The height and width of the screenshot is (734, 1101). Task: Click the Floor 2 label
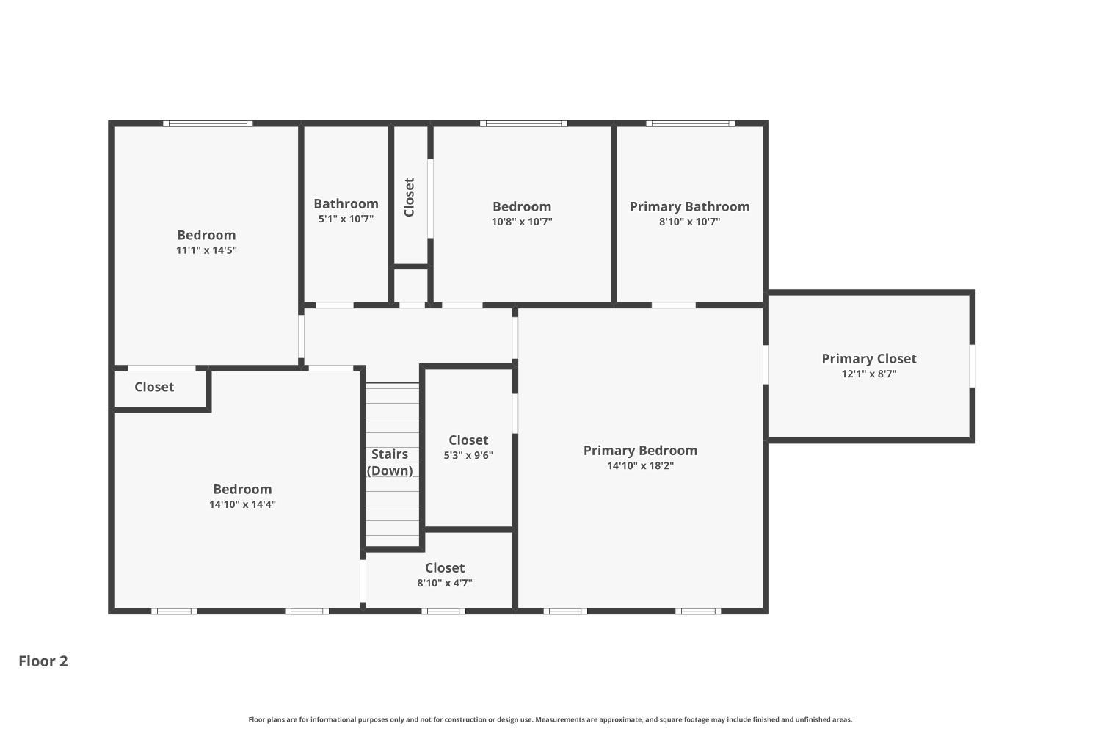click(x=43, y=661)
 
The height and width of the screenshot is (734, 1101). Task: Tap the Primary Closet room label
click(x=868, y=358)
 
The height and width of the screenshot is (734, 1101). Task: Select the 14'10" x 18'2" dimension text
click(x=640, y=465)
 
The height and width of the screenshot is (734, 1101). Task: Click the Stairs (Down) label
click(x=389, y=462)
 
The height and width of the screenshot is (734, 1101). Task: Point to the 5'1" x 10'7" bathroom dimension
click(x=346, y=219)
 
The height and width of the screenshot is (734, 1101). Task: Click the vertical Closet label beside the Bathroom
click(x=410, y=197)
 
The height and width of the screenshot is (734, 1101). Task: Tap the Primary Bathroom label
click(x=689, y=206)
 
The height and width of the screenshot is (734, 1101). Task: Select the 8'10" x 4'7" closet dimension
click(x=444, y=583)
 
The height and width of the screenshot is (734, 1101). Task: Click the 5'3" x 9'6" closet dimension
click(x=468, y=455)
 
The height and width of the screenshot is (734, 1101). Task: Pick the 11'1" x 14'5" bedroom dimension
click(x=206, y=250)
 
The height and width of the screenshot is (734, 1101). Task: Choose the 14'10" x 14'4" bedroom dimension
click(x=242, y=504)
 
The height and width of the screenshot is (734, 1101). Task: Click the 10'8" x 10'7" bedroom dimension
click(x=521, y=222)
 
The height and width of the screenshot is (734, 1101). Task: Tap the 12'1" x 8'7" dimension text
click(x=868, y=374)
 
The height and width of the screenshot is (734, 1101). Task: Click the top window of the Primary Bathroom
click(x=690, y=123)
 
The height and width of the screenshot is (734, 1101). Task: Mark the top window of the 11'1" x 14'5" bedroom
click(x=208, y=123)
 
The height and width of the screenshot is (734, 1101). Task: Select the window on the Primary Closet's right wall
click(x=973, y=366)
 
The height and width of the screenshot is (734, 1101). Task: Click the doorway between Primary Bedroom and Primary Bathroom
click(x=673, y=305)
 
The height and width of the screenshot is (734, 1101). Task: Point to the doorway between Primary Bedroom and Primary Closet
click(x=766, y=365)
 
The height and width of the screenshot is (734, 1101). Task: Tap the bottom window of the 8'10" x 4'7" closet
click(x=443, y=611)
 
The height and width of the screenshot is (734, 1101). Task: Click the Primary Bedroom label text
click(x=640, y=450)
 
